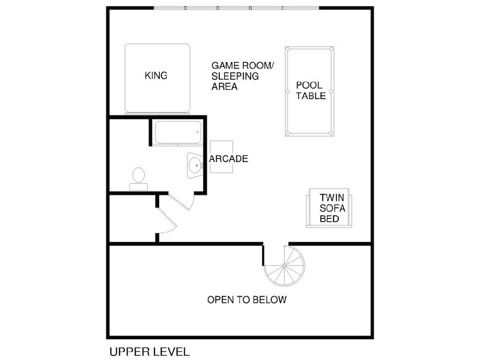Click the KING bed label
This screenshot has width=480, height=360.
click(156, 75)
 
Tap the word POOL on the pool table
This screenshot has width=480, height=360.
click(309, 85)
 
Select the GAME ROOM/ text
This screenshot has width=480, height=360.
click(243, 65)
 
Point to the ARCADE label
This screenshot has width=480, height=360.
click(228, 158)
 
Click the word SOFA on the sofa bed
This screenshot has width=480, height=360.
click(332, 208)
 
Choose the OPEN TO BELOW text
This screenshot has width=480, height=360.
click(247, 300)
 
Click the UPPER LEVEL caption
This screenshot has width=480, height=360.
click(149, 352)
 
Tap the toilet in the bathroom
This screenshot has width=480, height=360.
click(139, 179)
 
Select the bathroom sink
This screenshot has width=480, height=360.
click(195, 165)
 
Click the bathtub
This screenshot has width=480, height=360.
click(178, 132)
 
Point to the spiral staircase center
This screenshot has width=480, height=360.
click(284, 265)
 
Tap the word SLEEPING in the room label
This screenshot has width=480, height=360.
click(235, 76)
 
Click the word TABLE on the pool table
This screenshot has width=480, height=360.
click(311, 96)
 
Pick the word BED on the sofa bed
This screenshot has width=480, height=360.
click(329, 219)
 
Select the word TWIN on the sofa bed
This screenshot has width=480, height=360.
click(332, 197)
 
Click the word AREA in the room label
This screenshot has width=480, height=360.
click(224, 86)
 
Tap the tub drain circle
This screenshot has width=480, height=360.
click(197, 132)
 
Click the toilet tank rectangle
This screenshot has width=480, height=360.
click(139, 187)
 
